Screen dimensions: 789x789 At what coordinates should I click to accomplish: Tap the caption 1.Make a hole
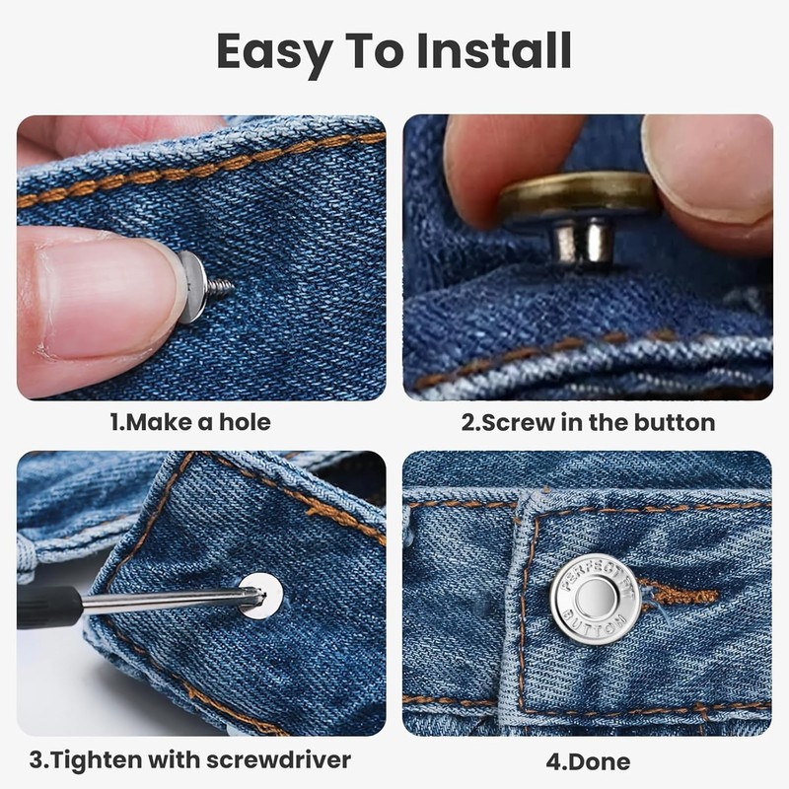[x=189, y=422]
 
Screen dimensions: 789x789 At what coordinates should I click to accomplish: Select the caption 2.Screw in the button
[x=588, y=422]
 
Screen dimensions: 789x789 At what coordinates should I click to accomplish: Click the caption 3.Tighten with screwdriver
[x=189, y=759]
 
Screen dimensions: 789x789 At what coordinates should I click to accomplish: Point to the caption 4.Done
[x=588, y=760]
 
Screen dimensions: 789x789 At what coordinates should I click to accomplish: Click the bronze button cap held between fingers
[x=577, y=193]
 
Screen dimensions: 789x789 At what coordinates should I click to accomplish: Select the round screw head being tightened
[x=261, y=595]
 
